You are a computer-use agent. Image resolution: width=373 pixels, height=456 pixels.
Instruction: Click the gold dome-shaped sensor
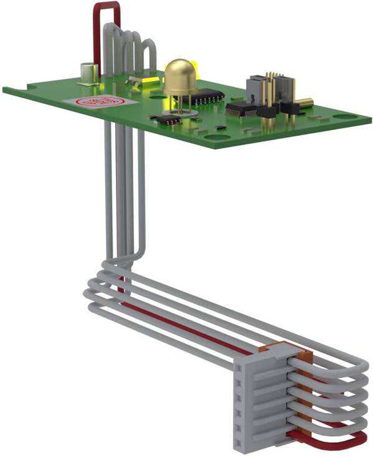[180, 77]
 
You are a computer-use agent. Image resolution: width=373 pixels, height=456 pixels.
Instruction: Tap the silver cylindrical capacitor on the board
[88, 73]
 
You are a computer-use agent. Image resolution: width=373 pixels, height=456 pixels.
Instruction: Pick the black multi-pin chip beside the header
[241, 110]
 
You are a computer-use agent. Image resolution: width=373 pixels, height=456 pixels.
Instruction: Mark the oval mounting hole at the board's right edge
[344, 116]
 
